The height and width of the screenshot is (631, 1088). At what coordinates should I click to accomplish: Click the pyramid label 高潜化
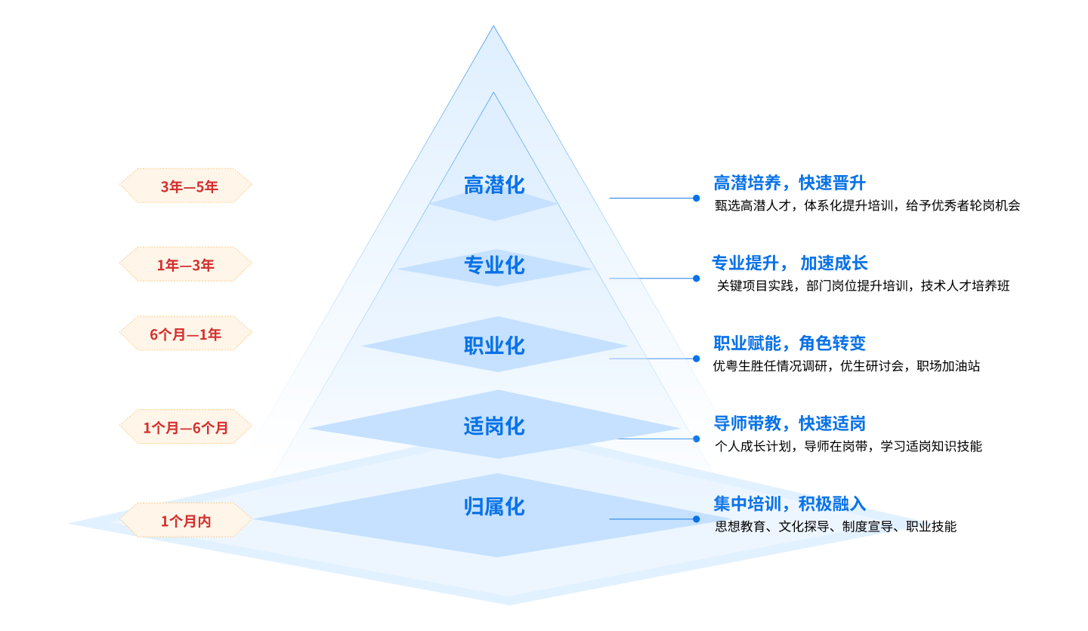[493, 185]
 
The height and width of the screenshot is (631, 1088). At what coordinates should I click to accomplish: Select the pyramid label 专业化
[493, 266]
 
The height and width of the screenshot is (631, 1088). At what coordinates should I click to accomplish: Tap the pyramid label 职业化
[493, 346]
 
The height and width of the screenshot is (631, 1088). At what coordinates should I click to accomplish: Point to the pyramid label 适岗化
[493, 426]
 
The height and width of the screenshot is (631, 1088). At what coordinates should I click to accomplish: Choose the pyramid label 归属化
[493, 506]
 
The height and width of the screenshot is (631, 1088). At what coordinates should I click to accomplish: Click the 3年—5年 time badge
[186, 186]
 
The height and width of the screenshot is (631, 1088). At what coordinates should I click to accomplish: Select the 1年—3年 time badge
[186, 265]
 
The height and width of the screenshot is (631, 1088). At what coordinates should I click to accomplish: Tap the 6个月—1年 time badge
[186, 334]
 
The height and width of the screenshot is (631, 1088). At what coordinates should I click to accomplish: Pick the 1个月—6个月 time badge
[186, 428]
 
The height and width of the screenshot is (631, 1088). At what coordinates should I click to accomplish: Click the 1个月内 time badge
[186, 521]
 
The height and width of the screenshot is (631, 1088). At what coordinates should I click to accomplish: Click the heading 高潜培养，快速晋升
[789, 183]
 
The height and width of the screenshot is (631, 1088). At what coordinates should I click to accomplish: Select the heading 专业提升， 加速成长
[790, 263]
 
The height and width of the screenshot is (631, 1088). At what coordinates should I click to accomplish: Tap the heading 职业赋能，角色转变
[789, 343]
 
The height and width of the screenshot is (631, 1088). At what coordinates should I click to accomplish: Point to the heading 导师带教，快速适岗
[789, 423]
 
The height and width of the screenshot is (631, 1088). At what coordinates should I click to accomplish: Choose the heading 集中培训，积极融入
[789, 503]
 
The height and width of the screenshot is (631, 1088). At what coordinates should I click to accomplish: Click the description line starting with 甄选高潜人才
[867, 205]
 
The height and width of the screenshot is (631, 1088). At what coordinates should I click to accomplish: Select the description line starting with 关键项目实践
[862, 286]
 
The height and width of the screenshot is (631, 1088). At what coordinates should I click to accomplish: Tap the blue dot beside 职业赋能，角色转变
[697, 359]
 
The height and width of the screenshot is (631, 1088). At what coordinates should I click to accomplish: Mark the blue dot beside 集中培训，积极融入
[697, 519]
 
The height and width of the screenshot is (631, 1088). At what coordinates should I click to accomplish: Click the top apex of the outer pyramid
[493, 27]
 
